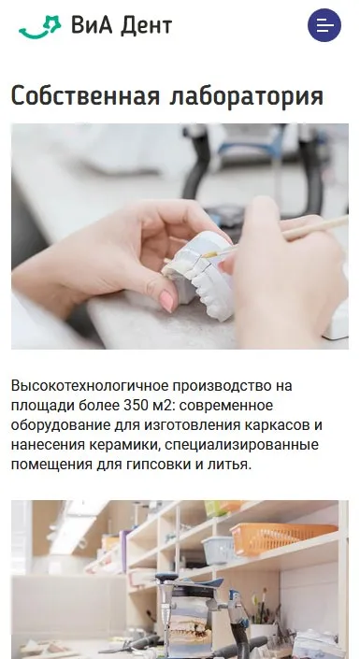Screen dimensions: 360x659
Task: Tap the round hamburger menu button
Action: point(324,25)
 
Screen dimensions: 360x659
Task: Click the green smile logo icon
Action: point(40,26)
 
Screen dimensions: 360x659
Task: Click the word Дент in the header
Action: point(146,26)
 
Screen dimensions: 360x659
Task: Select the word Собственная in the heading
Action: point(85,95)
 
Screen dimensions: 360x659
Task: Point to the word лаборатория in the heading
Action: point(247,96)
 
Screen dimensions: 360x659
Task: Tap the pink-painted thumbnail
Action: point(167,300)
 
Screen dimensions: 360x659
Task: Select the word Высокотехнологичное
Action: point(89,386)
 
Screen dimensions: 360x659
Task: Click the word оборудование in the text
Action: point(61,425)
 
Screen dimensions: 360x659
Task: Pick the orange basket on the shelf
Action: point(283,538)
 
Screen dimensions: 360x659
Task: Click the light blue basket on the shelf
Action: point(217,550)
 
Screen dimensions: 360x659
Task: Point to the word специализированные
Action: point(242,445)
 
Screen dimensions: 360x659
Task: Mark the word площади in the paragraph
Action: point(42,406)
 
